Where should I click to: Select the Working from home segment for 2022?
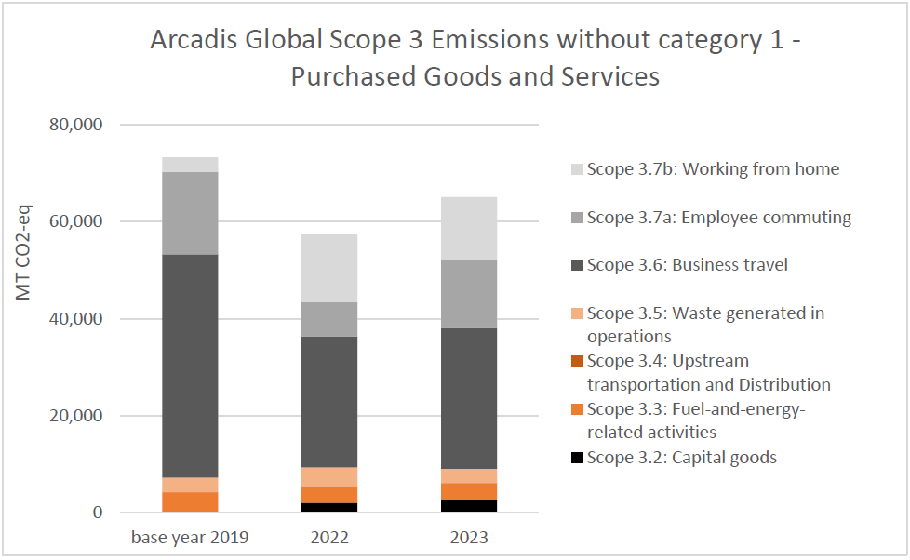click(329, 268)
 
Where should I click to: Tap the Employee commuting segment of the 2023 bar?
click(469, 294)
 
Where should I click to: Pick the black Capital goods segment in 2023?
click(469, 506)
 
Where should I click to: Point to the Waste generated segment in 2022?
click(329, 476)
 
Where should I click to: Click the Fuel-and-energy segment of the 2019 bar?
click(190, 501)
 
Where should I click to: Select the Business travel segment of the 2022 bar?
click(329, 401)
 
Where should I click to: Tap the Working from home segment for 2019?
click(190, 165)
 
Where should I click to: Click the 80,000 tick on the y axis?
click(74, 125)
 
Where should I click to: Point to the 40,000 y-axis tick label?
click(74, 319)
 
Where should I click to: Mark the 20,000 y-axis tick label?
click(74, 416)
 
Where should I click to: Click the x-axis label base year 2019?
click(190, 538)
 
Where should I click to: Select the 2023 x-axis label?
click(469, 538)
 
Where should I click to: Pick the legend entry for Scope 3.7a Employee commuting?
click(718, 218)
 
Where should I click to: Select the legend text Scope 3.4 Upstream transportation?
click(708, 372)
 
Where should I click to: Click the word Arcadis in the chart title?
click(192, 41)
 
